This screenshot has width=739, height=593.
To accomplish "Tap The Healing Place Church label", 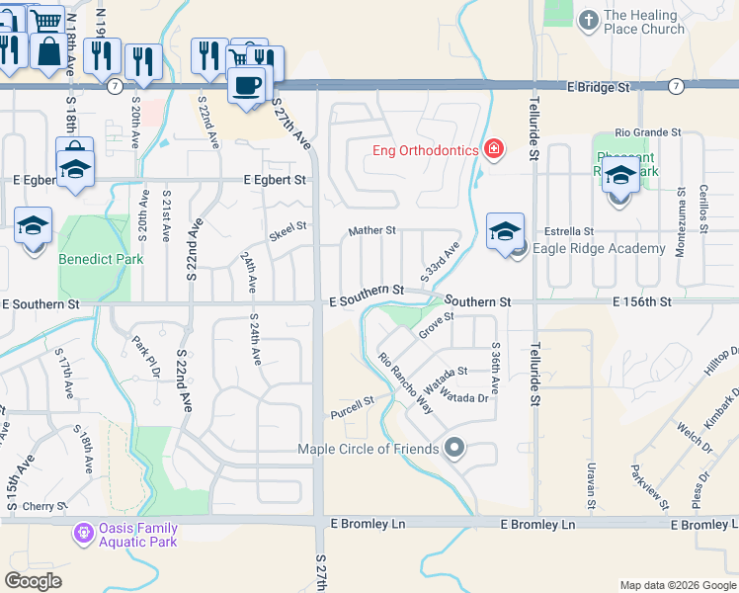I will click(643, 23).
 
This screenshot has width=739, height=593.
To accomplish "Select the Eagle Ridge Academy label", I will click(599, 249).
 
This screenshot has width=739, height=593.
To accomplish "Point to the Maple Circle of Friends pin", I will click(454, 449).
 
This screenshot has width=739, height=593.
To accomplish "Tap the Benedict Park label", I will click(101, 260).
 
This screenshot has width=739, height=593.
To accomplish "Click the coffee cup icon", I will click(246, 85).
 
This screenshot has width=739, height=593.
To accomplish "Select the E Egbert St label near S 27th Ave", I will click(276, 181).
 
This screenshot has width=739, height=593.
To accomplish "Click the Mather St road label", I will click(371, 230).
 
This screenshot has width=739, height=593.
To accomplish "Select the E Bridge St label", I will click(599, 87).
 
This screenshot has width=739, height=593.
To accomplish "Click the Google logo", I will click(34, 580).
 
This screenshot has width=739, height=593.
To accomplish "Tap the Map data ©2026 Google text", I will click(677, 585).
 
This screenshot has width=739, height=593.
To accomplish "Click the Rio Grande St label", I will click(647, 131).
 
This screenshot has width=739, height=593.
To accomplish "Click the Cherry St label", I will click(43, 506).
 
